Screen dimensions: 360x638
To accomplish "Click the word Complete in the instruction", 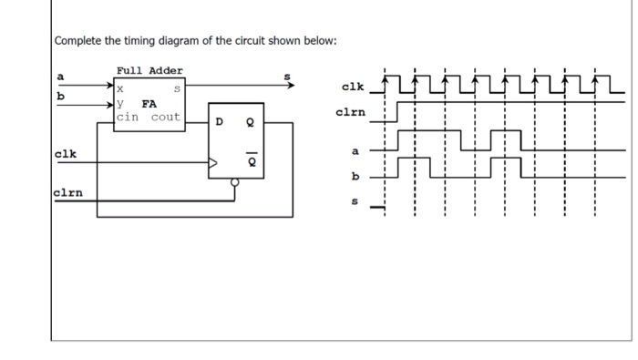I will point(79,42).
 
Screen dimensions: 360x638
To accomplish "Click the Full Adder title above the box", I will point(149,70).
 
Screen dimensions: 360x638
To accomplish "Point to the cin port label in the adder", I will point(128,118).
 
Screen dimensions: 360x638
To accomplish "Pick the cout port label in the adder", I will point(166,118).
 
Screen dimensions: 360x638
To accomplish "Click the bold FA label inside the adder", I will point(149,104).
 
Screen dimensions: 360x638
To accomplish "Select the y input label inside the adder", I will point(120,104).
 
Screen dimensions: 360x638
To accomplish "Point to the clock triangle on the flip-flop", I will point(215,164).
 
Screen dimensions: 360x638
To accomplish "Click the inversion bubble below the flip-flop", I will point(235,182).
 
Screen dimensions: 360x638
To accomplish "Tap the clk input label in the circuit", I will point(64,154).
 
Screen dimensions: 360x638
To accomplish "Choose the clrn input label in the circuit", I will point(68,192).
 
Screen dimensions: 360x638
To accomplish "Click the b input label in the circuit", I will point(60,95).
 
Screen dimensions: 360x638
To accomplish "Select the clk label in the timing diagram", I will point(351,87).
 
